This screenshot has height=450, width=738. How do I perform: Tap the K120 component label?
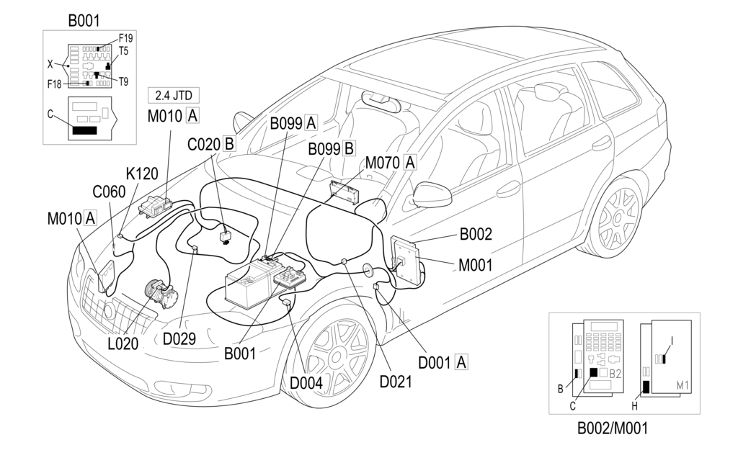pos(142,174)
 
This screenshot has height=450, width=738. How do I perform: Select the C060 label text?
pos(109,192)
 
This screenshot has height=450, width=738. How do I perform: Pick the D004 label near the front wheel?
pos(306,382)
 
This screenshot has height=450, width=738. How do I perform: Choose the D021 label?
pos(396,381)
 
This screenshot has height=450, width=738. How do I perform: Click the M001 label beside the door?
pos(475,265)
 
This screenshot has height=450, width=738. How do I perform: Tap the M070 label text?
pos(383,163)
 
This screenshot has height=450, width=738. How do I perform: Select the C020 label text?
pos(203,143)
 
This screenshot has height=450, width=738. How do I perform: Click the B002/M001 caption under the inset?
pos(613,429)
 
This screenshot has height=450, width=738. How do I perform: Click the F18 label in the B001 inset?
pos(55,84)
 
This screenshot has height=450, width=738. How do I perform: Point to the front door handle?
pos(508,189)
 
